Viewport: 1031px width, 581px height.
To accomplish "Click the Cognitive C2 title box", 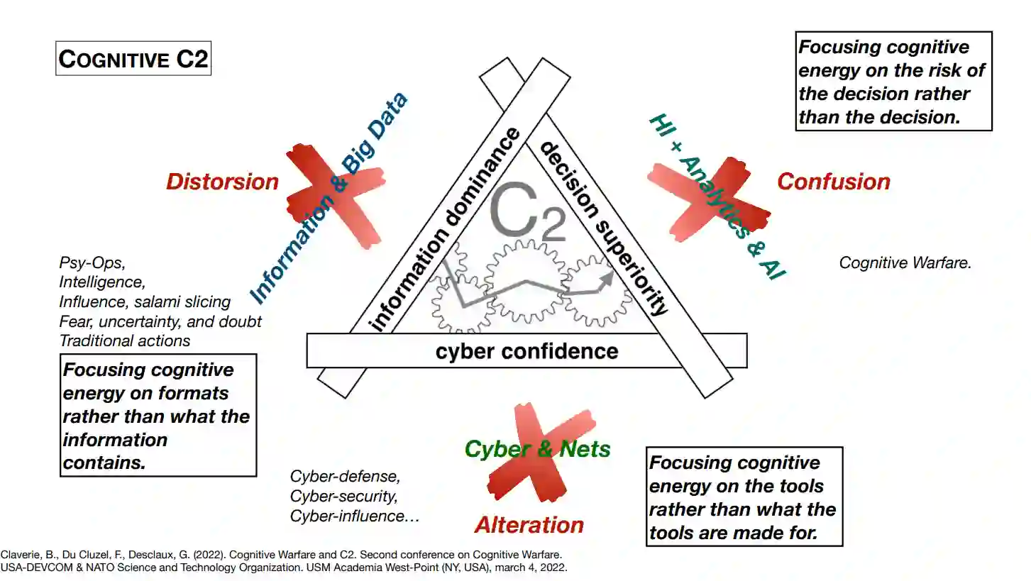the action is click(x=133, y=58).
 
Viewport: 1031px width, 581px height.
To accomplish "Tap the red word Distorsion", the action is click(x=222, y=182).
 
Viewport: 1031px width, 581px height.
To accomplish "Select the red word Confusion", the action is click(x=834, y=182).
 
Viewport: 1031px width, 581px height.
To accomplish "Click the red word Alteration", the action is click(x=529, y=525).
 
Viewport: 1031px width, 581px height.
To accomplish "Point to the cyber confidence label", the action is click(x=527, y=351).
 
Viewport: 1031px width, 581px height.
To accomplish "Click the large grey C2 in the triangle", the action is click(x=528, y=211).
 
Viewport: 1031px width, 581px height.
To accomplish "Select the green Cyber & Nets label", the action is click(x=538, y=449).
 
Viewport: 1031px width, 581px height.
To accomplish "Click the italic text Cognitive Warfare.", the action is click(x=905, y=262).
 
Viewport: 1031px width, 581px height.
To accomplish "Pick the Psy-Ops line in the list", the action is click(x=92, y=262).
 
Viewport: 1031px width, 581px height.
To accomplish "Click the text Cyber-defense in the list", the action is click(x=345, y=476).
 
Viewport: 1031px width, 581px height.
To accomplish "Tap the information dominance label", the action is click(x=444, y=229).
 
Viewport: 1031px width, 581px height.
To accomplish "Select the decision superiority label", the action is click(x=604, y=228).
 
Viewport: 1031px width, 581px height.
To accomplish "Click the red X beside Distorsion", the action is click(x=336, y=197).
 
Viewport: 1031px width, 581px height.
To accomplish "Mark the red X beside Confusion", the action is click(x=709, y=199).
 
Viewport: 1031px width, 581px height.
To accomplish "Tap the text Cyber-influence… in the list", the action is click(x=355, y=516).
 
